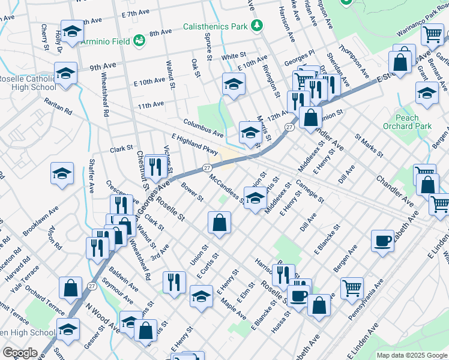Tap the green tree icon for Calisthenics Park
pyautogui.click(x=258, y=25)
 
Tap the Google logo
pyautogui.click(x=20, y=353)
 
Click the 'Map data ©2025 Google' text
pyautogui.click(x=411, y=355)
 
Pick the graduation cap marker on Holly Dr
pyautogui.click(x=72, y=33)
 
